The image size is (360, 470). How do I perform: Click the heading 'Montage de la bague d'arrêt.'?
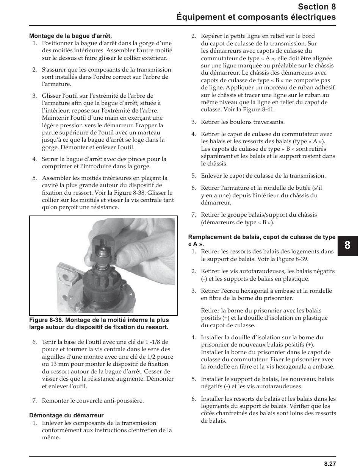click(x=70, y=36)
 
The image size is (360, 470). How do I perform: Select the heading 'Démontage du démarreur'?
click(x=66, y=415)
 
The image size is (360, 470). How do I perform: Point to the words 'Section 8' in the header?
click(x=317, y=6)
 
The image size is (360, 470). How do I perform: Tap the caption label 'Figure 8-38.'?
click(x=45, y=320)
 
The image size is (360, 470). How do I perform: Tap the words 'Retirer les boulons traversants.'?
click(x=243, y=122)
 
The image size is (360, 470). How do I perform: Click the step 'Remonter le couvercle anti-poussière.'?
click(x=93, y=401)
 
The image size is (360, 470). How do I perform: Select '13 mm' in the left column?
click(x=54, y=364)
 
